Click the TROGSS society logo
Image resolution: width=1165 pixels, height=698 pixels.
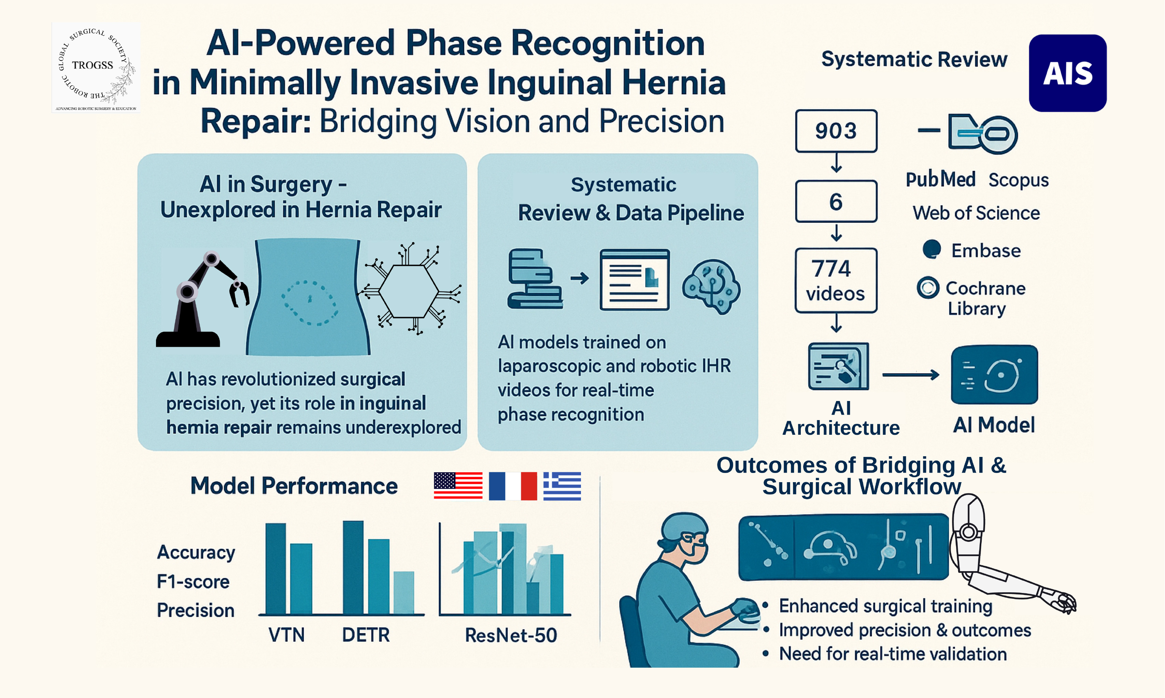click(96, 67)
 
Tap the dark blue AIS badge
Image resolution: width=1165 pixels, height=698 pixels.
click(1067, 73)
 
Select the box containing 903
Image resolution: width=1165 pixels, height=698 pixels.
click(836, 131)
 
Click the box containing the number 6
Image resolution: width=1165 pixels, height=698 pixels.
click(836, 201)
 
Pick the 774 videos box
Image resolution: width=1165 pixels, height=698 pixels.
click(836, 280)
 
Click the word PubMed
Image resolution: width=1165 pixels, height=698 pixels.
click(940, 180)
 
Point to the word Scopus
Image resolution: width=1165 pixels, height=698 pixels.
click(1018, 180)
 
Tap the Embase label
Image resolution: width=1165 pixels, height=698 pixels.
click(986, 251)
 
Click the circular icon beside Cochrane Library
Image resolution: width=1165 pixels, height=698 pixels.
click(928, 287)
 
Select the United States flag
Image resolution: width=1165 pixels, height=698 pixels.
click(458, 486)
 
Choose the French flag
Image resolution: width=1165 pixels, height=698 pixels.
click(513, 486)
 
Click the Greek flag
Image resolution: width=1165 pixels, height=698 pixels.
click(562, 486)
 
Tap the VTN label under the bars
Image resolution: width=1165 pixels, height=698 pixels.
click(286, 635)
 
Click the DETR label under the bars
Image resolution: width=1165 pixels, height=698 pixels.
click(366, 635)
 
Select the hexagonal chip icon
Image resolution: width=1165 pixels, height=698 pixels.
click(409, 292)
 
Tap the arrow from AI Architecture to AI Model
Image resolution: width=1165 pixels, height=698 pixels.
click(910, 375)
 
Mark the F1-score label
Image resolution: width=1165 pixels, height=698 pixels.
click(193, 582)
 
